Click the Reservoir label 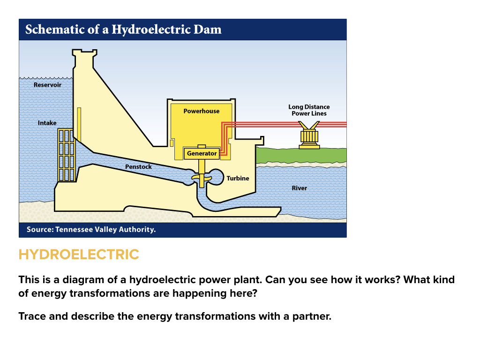[47, 85]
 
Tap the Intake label [47, 123]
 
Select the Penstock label [138, 166]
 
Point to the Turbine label [238, 178]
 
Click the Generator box [202, 153]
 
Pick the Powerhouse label [201, 111]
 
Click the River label [299, 188]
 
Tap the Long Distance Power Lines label [309, 110]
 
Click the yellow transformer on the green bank [309, 136]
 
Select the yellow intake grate [66, 155]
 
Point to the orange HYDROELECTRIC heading [79, 255]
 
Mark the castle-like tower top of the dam [85, 56]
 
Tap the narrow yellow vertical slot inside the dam [79, 124]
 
